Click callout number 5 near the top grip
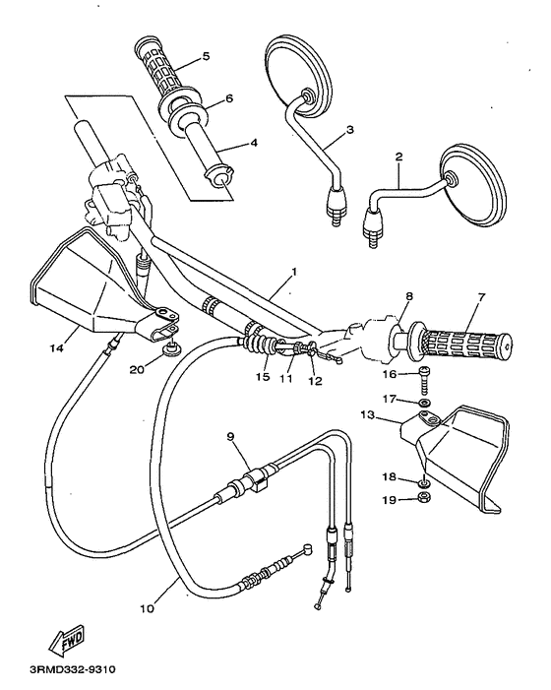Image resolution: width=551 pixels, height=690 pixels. click(206, 56)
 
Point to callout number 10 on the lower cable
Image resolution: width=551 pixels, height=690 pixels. click(147, 608)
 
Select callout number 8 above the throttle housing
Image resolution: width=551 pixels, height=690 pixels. click(407, 294)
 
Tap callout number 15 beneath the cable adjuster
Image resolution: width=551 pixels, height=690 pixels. click(263, 377)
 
